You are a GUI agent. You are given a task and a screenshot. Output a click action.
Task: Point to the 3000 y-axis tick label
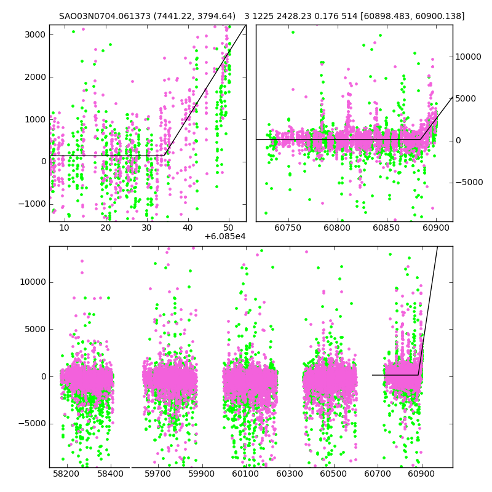click(x=34, y=34)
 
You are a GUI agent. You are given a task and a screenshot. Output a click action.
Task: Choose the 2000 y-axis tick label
click(x=34, y=77)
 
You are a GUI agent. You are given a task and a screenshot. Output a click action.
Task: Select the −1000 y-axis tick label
click(x=32, y=204)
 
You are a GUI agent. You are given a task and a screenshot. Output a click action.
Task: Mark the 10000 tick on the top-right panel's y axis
click(x=469, y=57)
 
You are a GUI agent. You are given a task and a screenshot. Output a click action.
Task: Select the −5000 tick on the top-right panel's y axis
click(x=469, y=183)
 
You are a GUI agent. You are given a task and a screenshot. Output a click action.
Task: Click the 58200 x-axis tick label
click(x=66, y=474)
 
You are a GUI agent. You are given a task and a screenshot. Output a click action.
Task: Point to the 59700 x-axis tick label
click(x=157, y=474)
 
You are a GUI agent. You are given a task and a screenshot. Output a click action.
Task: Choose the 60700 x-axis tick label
click(x=378, y=474)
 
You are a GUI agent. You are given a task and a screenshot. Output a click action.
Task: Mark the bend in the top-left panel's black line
click(x=165, y=156)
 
